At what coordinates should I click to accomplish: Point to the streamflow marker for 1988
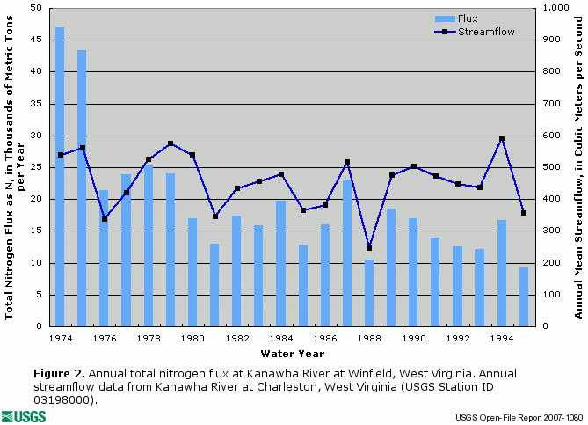369,248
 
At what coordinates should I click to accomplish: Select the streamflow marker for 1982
236,188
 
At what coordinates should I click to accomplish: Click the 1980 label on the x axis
192,337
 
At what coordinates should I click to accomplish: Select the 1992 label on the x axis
457,337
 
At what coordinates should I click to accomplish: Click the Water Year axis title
292,354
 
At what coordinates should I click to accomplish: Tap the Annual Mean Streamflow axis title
578,165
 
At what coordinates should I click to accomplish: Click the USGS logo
24,415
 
